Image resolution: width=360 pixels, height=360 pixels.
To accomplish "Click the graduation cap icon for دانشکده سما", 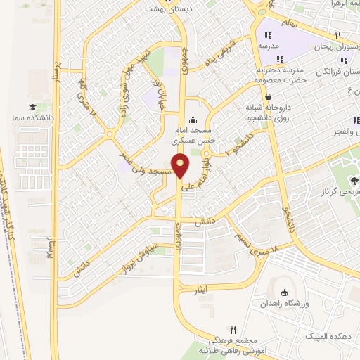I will coord(32,107).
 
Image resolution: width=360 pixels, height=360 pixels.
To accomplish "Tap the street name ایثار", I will coord(200,289).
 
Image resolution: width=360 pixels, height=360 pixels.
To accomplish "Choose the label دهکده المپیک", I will coord(327,337).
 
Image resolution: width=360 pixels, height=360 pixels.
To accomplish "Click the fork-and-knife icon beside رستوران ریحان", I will coord(338,35).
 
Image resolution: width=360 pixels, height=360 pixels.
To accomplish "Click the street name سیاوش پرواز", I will coord(153,250).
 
